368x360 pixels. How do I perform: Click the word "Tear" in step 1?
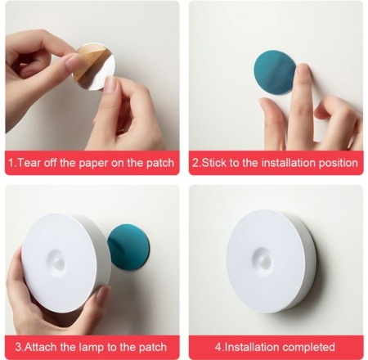(x=29, y=163)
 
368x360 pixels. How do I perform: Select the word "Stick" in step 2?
(x=214, y=163)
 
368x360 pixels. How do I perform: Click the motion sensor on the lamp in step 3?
(x=59, y=263)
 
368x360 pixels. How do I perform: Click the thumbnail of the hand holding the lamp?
(x=102, y=294)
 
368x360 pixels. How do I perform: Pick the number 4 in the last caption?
(x=218, y=347)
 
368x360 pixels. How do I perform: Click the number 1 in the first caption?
(x=11, y=163)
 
